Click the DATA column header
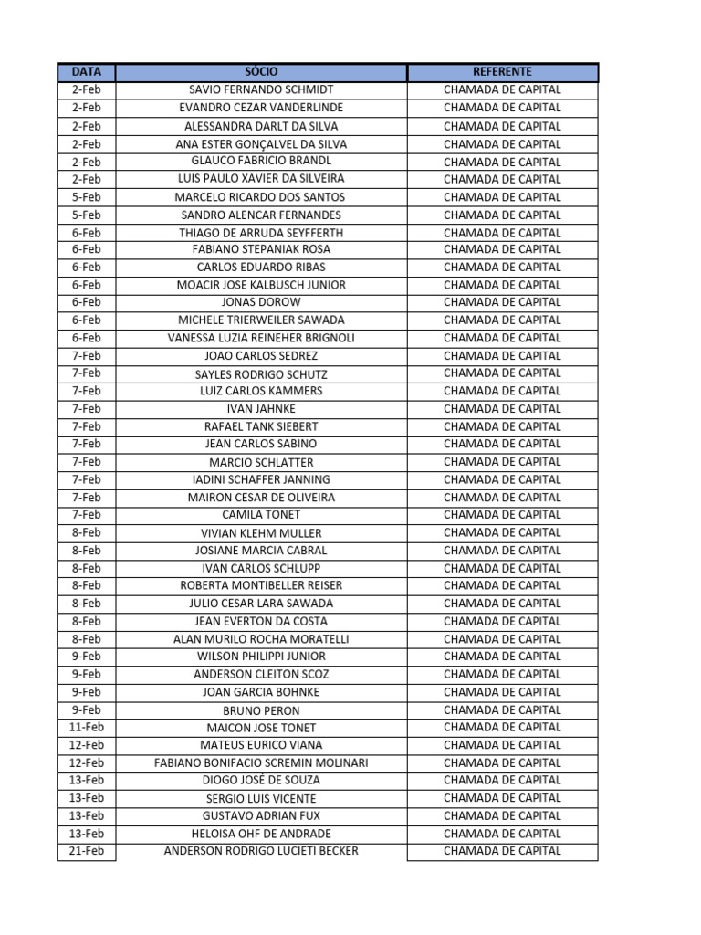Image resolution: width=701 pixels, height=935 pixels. point(87,72)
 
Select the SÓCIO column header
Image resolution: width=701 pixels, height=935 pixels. point(261,72)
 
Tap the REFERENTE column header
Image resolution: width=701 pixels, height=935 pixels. point(502,72)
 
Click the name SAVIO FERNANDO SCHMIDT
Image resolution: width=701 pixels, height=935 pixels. point(261,90)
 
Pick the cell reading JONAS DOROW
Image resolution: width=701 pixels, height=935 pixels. point(261,302)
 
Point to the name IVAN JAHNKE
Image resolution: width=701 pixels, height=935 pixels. point(261,409)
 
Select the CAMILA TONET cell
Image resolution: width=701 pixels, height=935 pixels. point(261,515)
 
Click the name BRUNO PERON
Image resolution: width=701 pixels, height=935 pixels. point(261,710)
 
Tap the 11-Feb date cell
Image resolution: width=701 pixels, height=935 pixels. point(87,727)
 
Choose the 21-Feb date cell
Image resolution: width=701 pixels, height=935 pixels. point(87,851)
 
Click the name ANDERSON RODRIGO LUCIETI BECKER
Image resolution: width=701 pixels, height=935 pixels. point(261,851)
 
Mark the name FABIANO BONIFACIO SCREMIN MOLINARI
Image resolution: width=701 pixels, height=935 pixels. point(261,763)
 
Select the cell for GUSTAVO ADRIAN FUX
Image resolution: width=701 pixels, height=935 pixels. point(261,816)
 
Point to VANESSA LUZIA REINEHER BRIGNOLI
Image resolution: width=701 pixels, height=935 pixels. point(261,338)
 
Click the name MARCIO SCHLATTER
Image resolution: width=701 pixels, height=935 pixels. point(261,462)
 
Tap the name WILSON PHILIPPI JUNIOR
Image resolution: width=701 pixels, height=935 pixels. point(261,657)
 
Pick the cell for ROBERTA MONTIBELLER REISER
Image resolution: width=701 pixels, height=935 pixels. point(261,585)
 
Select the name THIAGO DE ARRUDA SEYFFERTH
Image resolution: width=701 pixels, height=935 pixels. point(261,233)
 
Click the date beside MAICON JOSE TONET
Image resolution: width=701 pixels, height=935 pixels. point(87,727)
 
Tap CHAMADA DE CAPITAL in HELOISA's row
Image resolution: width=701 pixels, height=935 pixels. point(502,834)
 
